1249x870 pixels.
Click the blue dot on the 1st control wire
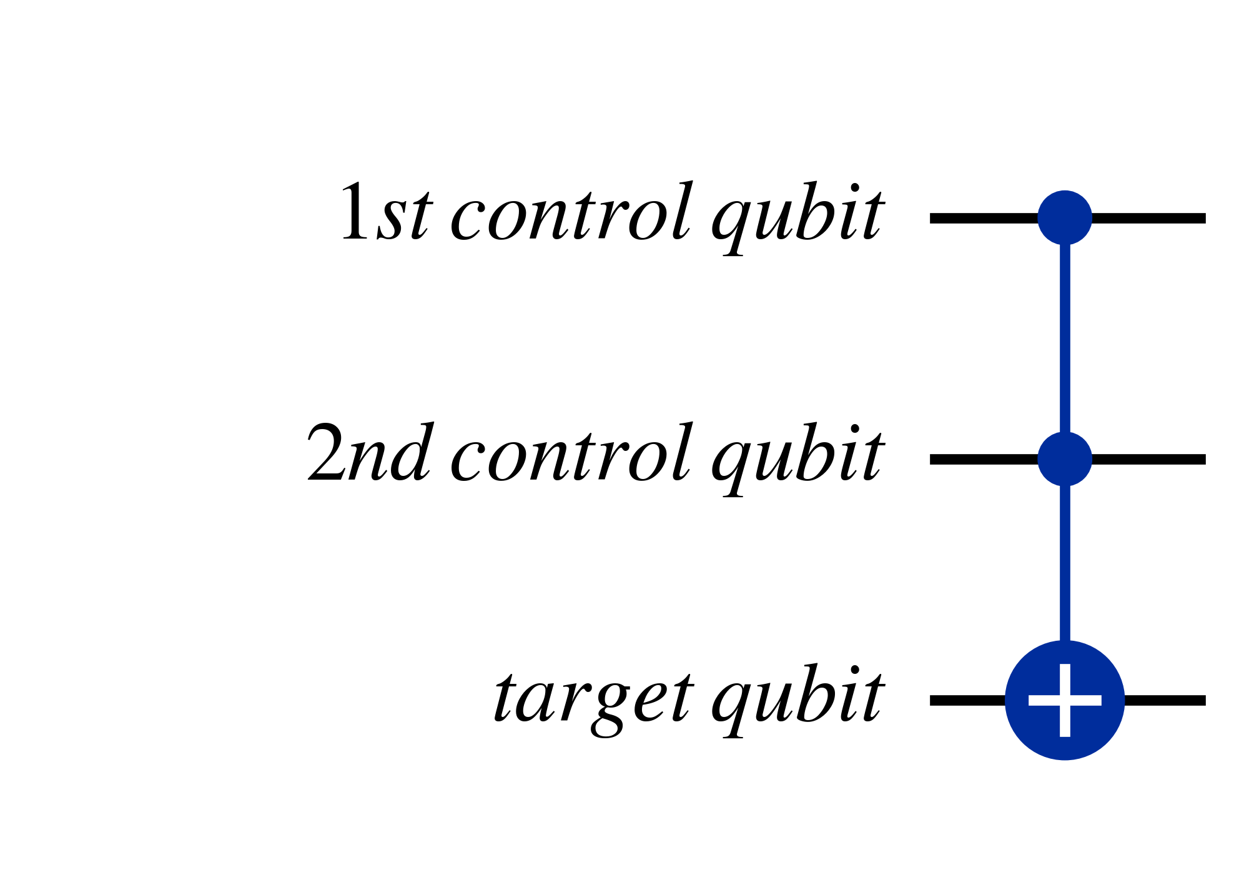[x=1065, y=218]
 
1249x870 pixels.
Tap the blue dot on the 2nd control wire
[x=1065, y=459]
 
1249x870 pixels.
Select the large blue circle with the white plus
[x=1065, y=700]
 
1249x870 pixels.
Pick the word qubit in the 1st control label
[x=798, y=218]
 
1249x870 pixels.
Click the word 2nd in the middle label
[x=370, y=452]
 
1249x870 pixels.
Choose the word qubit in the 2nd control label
[x=798, y=459]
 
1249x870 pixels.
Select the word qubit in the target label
[x=798, y=700]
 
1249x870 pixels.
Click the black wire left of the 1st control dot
[x=984, y=218]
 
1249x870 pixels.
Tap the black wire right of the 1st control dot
[x=1148, y=218]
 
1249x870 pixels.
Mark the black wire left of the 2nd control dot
[x=984, y=459]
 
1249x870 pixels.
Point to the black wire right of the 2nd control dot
[x=1148, y=459]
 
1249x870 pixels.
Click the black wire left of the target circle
[x=968, y=700]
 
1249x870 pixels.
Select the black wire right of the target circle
[x=1165, y=700]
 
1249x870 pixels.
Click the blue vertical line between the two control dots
[x=1065, y=339]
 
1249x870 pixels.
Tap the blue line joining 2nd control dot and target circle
[x=1065, y=563]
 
